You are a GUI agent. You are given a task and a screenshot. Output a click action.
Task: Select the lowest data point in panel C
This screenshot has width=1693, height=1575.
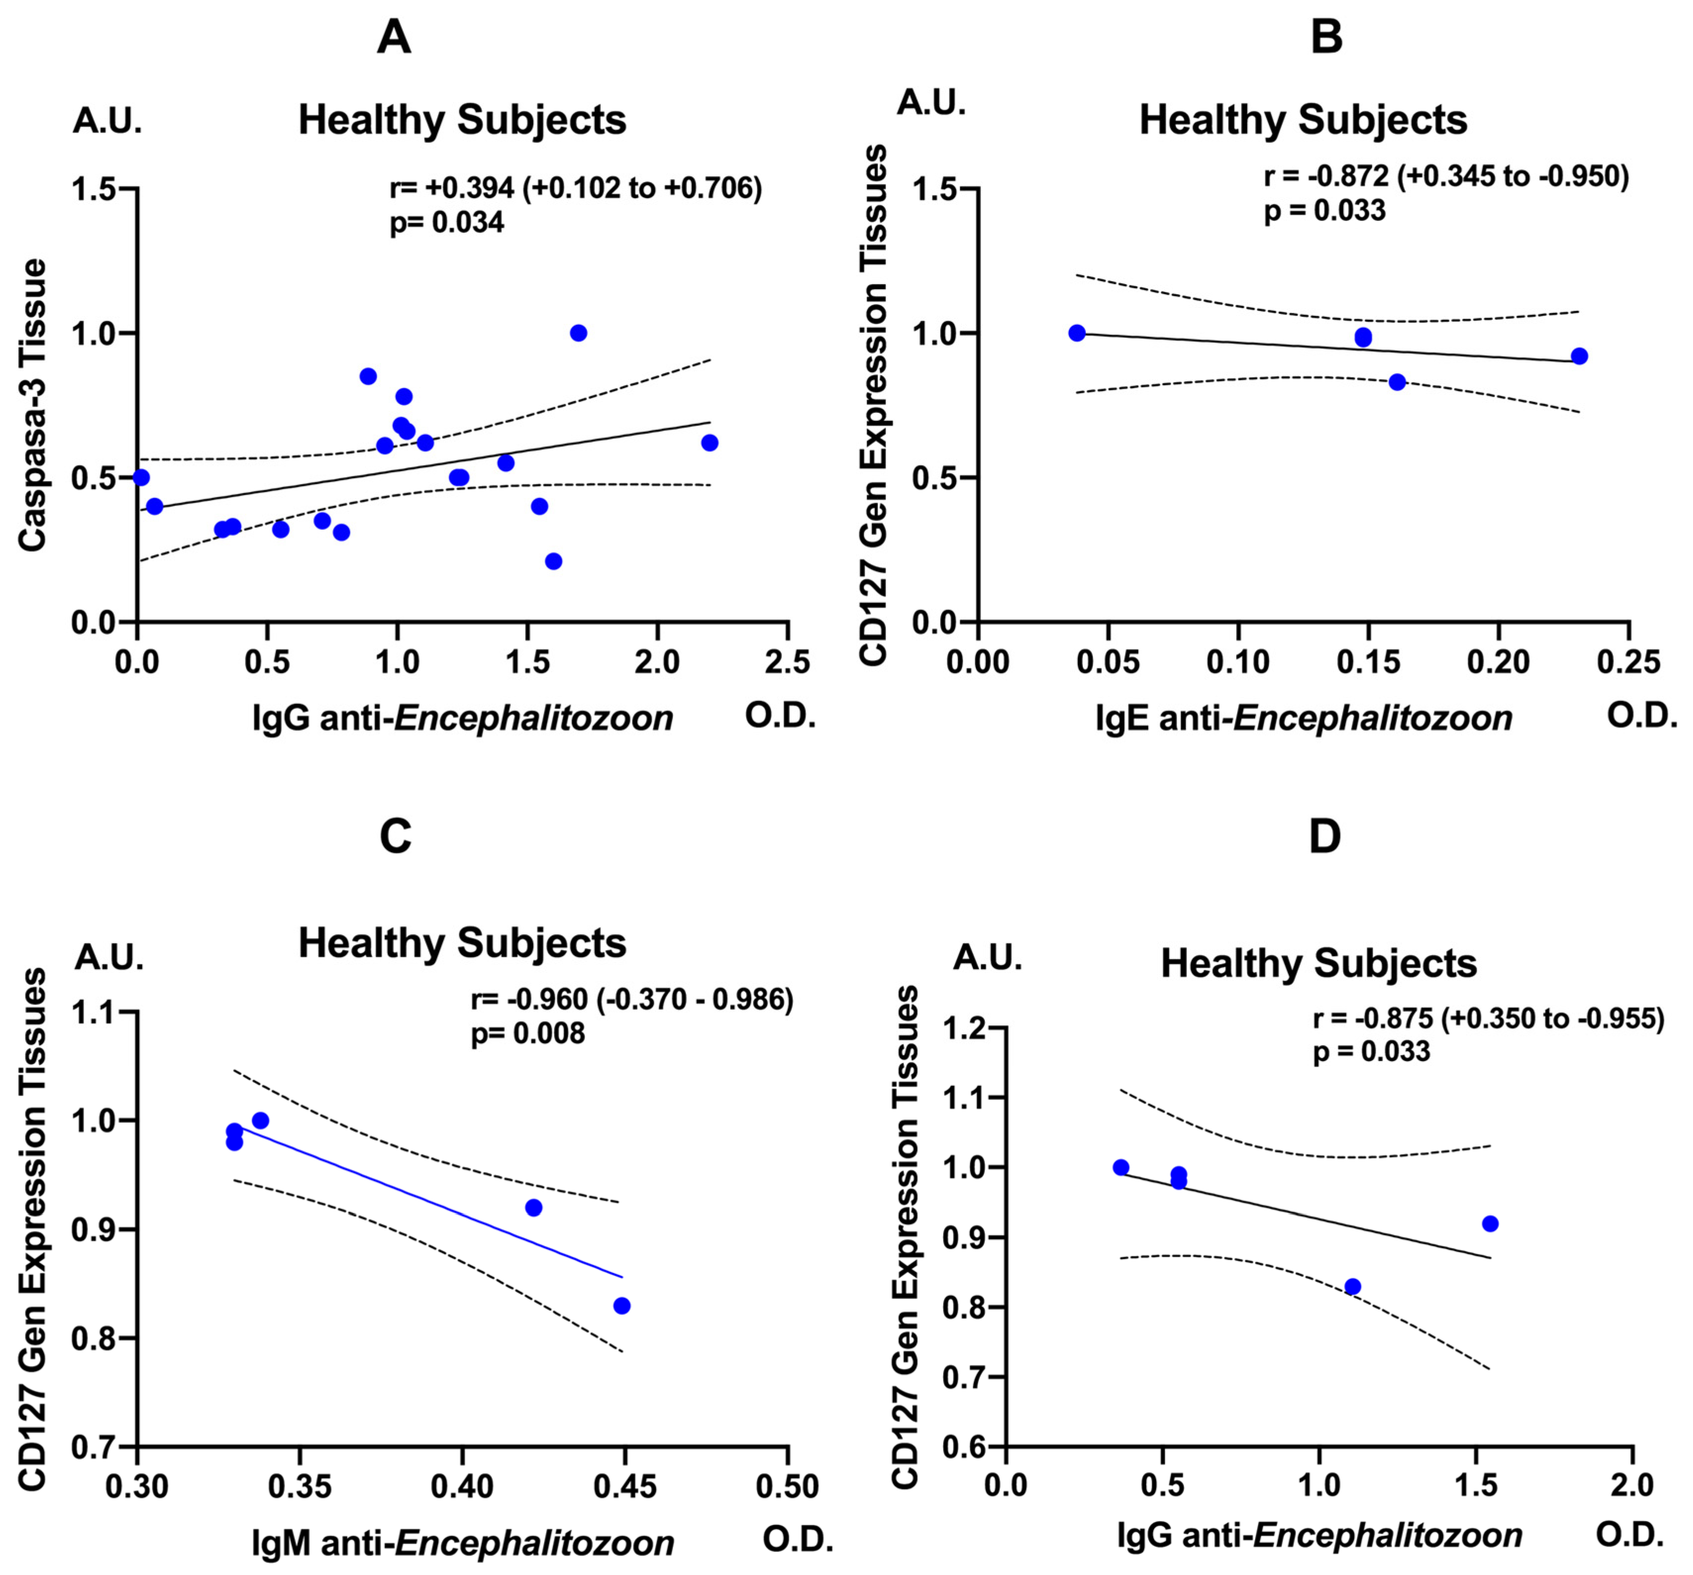[x=622, y=1306]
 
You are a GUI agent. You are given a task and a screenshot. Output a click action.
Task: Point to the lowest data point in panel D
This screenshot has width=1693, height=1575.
[x=1353, y=1286]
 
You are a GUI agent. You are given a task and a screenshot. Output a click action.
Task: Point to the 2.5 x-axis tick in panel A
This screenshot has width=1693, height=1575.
[x=788, y=662]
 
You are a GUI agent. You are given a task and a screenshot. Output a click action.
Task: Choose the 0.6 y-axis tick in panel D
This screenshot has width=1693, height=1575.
[x=966, y=1446]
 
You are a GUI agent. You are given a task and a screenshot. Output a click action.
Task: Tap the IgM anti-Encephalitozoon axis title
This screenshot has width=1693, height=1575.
[x=462, y=1543]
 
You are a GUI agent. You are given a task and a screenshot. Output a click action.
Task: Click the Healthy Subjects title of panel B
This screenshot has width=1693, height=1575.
[x=1303, y=120]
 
